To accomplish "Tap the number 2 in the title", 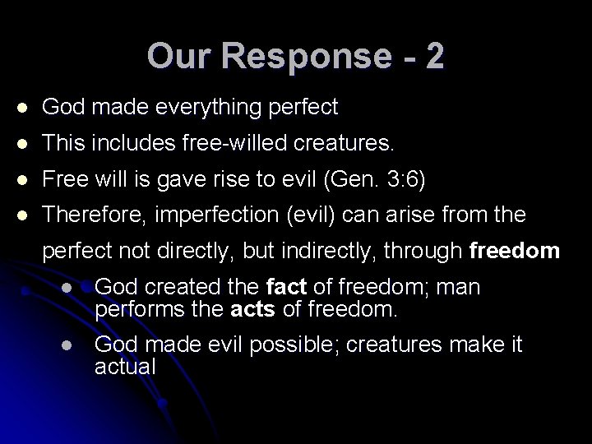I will tap(434, 56).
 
